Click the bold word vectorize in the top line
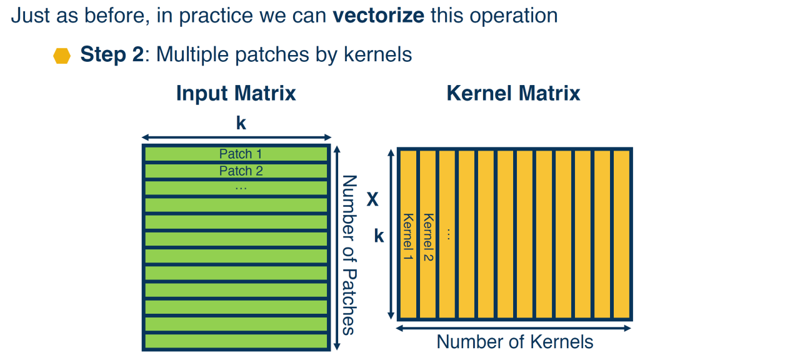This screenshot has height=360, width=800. point(379,16)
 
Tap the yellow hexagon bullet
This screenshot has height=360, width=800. point(62,56)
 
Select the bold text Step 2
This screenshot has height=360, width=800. point(112,54)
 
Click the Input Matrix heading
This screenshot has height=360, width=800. point(236,93)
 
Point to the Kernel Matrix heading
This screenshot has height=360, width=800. point(513,93)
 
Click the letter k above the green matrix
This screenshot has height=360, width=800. point(241,123)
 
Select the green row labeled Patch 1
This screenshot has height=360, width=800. point(236,154)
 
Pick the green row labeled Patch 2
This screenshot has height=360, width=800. point(236,171)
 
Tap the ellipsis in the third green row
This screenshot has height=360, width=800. point(241,188)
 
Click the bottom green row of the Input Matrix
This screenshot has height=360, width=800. point(236,341)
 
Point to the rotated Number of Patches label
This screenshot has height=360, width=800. point(349,255)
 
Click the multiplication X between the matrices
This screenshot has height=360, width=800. point(372,199)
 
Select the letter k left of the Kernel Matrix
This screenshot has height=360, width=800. point(379,236)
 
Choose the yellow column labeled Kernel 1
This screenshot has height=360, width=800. point(408,234)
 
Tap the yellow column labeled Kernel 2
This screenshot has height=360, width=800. point(428,234)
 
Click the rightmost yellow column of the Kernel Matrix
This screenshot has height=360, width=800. point(621,234)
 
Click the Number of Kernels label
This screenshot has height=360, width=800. point(514,342)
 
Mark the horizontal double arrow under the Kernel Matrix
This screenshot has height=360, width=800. point(514,328)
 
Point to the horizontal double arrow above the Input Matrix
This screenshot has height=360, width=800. point(236,137)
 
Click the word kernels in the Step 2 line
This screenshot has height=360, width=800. point(378,54)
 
